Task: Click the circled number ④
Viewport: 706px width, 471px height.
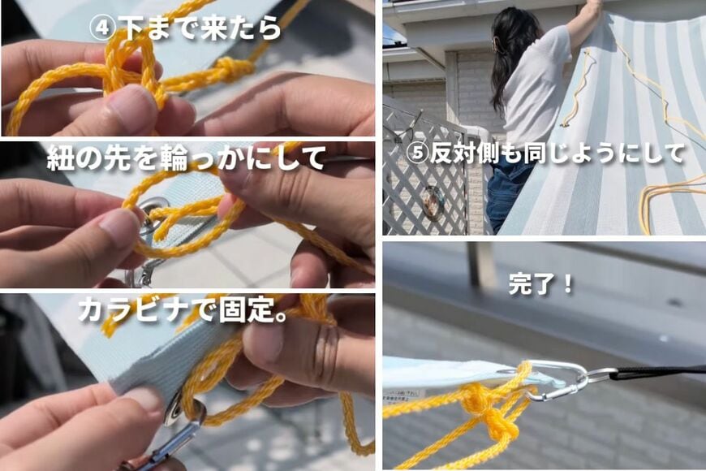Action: point(103,28)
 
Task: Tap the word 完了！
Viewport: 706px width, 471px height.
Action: point(541,284)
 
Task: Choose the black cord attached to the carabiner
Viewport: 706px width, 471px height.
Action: point(657,372)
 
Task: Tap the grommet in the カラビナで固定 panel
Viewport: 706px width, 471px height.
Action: point(174,411)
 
